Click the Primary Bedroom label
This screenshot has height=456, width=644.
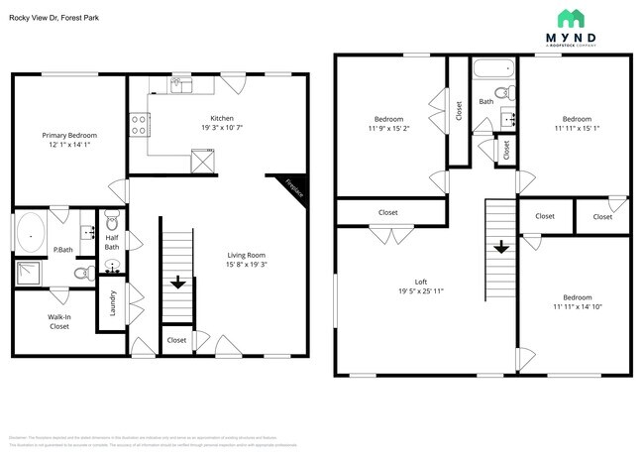[x=69, y=135]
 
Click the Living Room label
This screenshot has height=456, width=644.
[x=246, y=255]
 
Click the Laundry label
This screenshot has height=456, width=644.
[x=113, y=301]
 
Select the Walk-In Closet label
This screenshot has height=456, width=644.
[x=58, y=321]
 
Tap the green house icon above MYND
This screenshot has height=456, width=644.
[x=571, y=18]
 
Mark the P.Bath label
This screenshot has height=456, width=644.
[x=63, y=250]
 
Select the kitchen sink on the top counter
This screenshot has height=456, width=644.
[x=181, y=86]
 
